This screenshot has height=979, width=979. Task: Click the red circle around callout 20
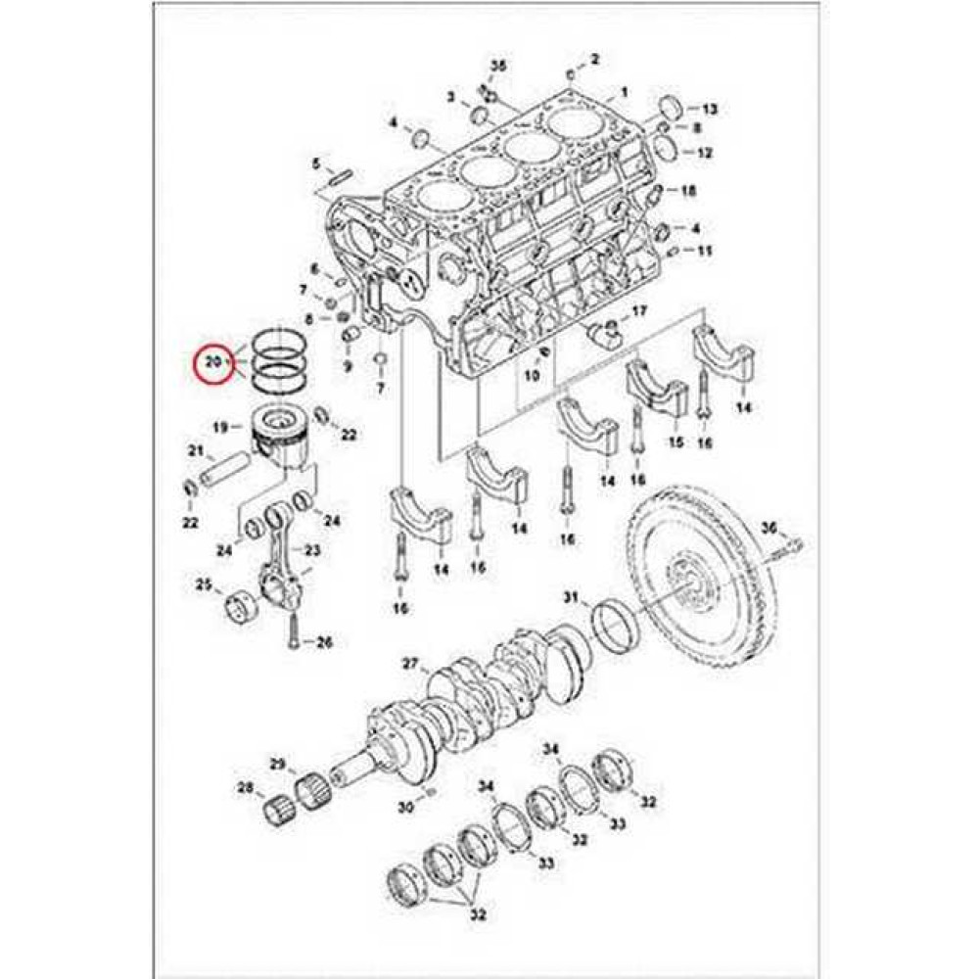coord(213,361)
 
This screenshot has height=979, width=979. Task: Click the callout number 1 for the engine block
coord(624,93)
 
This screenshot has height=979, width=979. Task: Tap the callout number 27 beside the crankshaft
coord(410,664)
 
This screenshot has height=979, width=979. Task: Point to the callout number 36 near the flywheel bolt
coord(769,529)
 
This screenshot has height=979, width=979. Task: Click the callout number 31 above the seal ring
coord(572,597)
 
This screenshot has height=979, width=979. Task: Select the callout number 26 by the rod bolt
coord(325,642)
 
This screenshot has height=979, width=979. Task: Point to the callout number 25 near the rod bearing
coord(204,585)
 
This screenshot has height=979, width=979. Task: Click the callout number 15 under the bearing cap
coord(676,443)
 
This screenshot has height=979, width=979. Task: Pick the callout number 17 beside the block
coord(640,310)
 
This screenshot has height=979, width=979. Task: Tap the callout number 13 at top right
coord(710,110)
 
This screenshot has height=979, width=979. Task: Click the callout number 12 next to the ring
coord(704,153)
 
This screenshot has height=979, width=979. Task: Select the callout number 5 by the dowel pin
coord(316,164)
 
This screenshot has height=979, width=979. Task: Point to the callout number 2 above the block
coord(594,60)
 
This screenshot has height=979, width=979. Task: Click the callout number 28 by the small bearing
coord(246,788)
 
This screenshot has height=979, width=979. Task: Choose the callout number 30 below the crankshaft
coord(406,808)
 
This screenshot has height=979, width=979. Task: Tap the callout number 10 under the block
coord(532,375)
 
